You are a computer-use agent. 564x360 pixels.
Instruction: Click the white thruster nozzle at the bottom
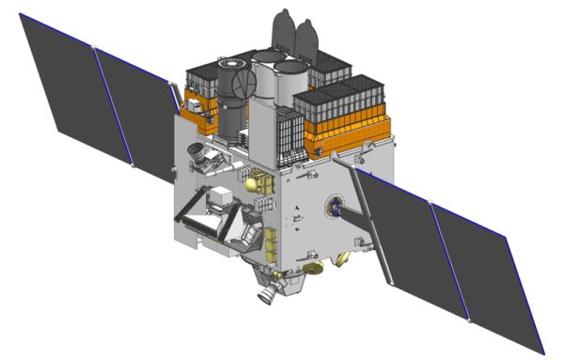coord(268,293)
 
